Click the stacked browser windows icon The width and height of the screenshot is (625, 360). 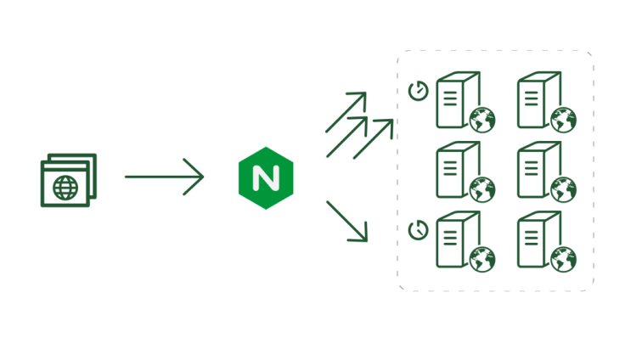(69, 179)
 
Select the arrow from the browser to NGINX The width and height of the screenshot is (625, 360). (164, 177)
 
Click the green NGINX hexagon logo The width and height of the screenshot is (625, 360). (266, 178)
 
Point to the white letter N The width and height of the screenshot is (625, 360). (266, 178)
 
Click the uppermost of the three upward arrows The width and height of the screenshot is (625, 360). (346, 110)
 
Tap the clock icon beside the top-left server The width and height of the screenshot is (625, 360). (417, 91)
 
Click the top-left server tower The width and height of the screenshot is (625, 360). (456, 100)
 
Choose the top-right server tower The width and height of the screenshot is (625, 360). (538, 100)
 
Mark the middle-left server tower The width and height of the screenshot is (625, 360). (456, 169)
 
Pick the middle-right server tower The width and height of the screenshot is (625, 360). (538, 169)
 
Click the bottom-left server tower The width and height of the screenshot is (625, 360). (456, 239)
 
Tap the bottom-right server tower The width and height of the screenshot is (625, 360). (538, 239)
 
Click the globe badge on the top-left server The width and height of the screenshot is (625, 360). (482, 120)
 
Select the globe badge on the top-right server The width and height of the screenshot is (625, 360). (563, 120)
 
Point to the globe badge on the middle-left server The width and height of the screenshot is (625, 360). (482, 189)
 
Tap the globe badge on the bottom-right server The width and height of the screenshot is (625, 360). (563, 259)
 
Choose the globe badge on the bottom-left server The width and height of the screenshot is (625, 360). (482, 259)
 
